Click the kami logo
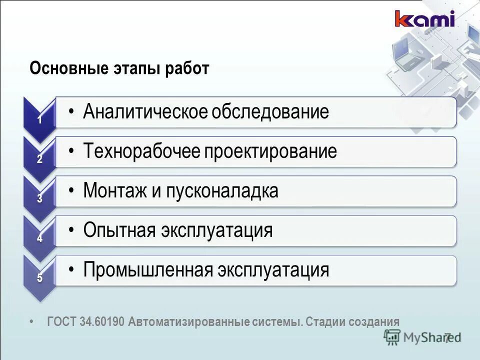424,19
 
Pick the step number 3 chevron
39,198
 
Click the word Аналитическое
144,111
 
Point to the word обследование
270,111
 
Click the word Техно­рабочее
141,151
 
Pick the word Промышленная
147,270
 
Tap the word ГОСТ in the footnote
61,321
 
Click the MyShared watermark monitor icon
391,337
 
